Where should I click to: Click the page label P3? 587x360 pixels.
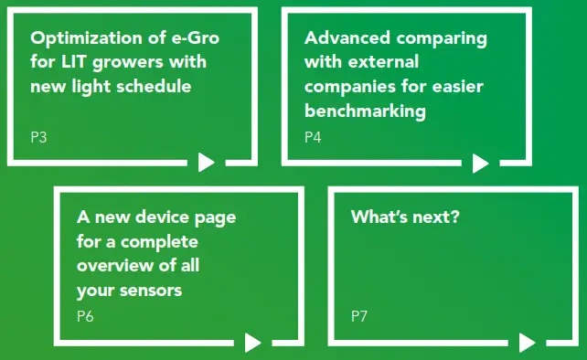click(x=38, y=138)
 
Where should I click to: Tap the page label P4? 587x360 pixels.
click(x=314, y=138)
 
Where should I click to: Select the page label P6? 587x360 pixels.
click(x=85, y=317)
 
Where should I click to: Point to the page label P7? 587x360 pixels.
click(x=359, y=317)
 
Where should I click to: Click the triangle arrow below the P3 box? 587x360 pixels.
click(x=207, y=163)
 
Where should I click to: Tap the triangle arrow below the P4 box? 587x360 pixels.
click(x=481, y=163)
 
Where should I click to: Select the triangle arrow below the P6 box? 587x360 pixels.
click(x=252, y=343)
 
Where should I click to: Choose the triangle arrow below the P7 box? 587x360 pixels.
click(x=527, y=343)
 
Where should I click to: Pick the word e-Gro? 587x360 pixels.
click(x=196, y=39)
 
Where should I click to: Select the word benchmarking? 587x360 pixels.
click(x=365, y=111)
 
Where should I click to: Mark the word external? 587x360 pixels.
click(x=381, y=63)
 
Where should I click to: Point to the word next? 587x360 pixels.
click(x=437, y=219)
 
